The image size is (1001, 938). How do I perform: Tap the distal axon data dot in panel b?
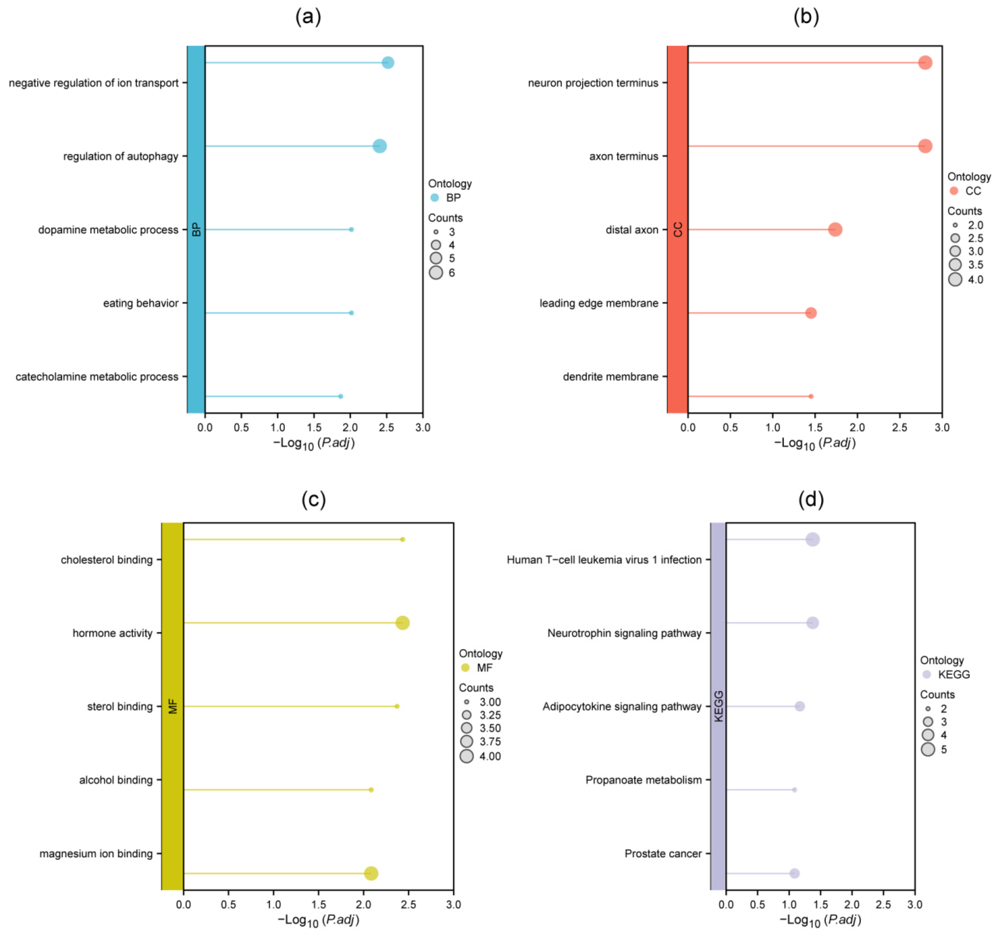[835, 230]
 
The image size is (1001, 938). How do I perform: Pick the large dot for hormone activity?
[402, 623]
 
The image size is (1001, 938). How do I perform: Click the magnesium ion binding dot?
[371, 873]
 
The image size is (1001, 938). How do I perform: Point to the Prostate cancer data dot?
[794, 873]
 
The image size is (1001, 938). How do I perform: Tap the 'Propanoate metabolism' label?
[643, 780]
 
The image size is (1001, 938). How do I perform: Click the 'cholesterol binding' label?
[106, 560]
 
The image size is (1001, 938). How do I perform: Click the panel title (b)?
[806, 17]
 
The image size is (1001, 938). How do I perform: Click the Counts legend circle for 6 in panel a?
[436, 272]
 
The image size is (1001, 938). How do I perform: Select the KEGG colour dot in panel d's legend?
[927, 674]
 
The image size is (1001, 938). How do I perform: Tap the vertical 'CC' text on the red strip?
[678, 230]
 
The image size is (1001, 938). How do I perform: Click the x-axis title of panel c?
[318, 920]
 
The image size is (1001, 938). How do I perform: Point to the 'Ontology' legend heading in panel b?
[969, 177]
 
